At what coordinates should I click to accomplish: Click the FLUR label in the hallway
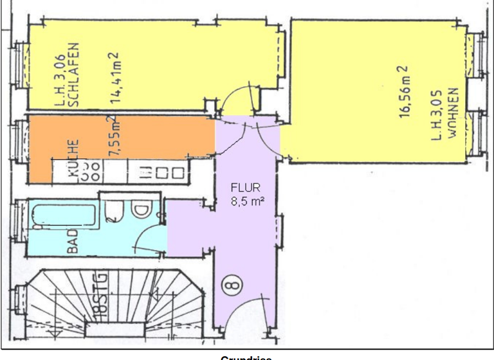(x=244, y=188)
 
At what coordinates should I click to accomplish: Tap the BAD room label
(x=72, y=239)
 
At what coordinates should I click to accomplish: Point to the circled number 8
(x=230, y=283)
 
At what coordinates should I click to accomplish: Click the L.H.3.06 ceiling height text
(x=60, y=78)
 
